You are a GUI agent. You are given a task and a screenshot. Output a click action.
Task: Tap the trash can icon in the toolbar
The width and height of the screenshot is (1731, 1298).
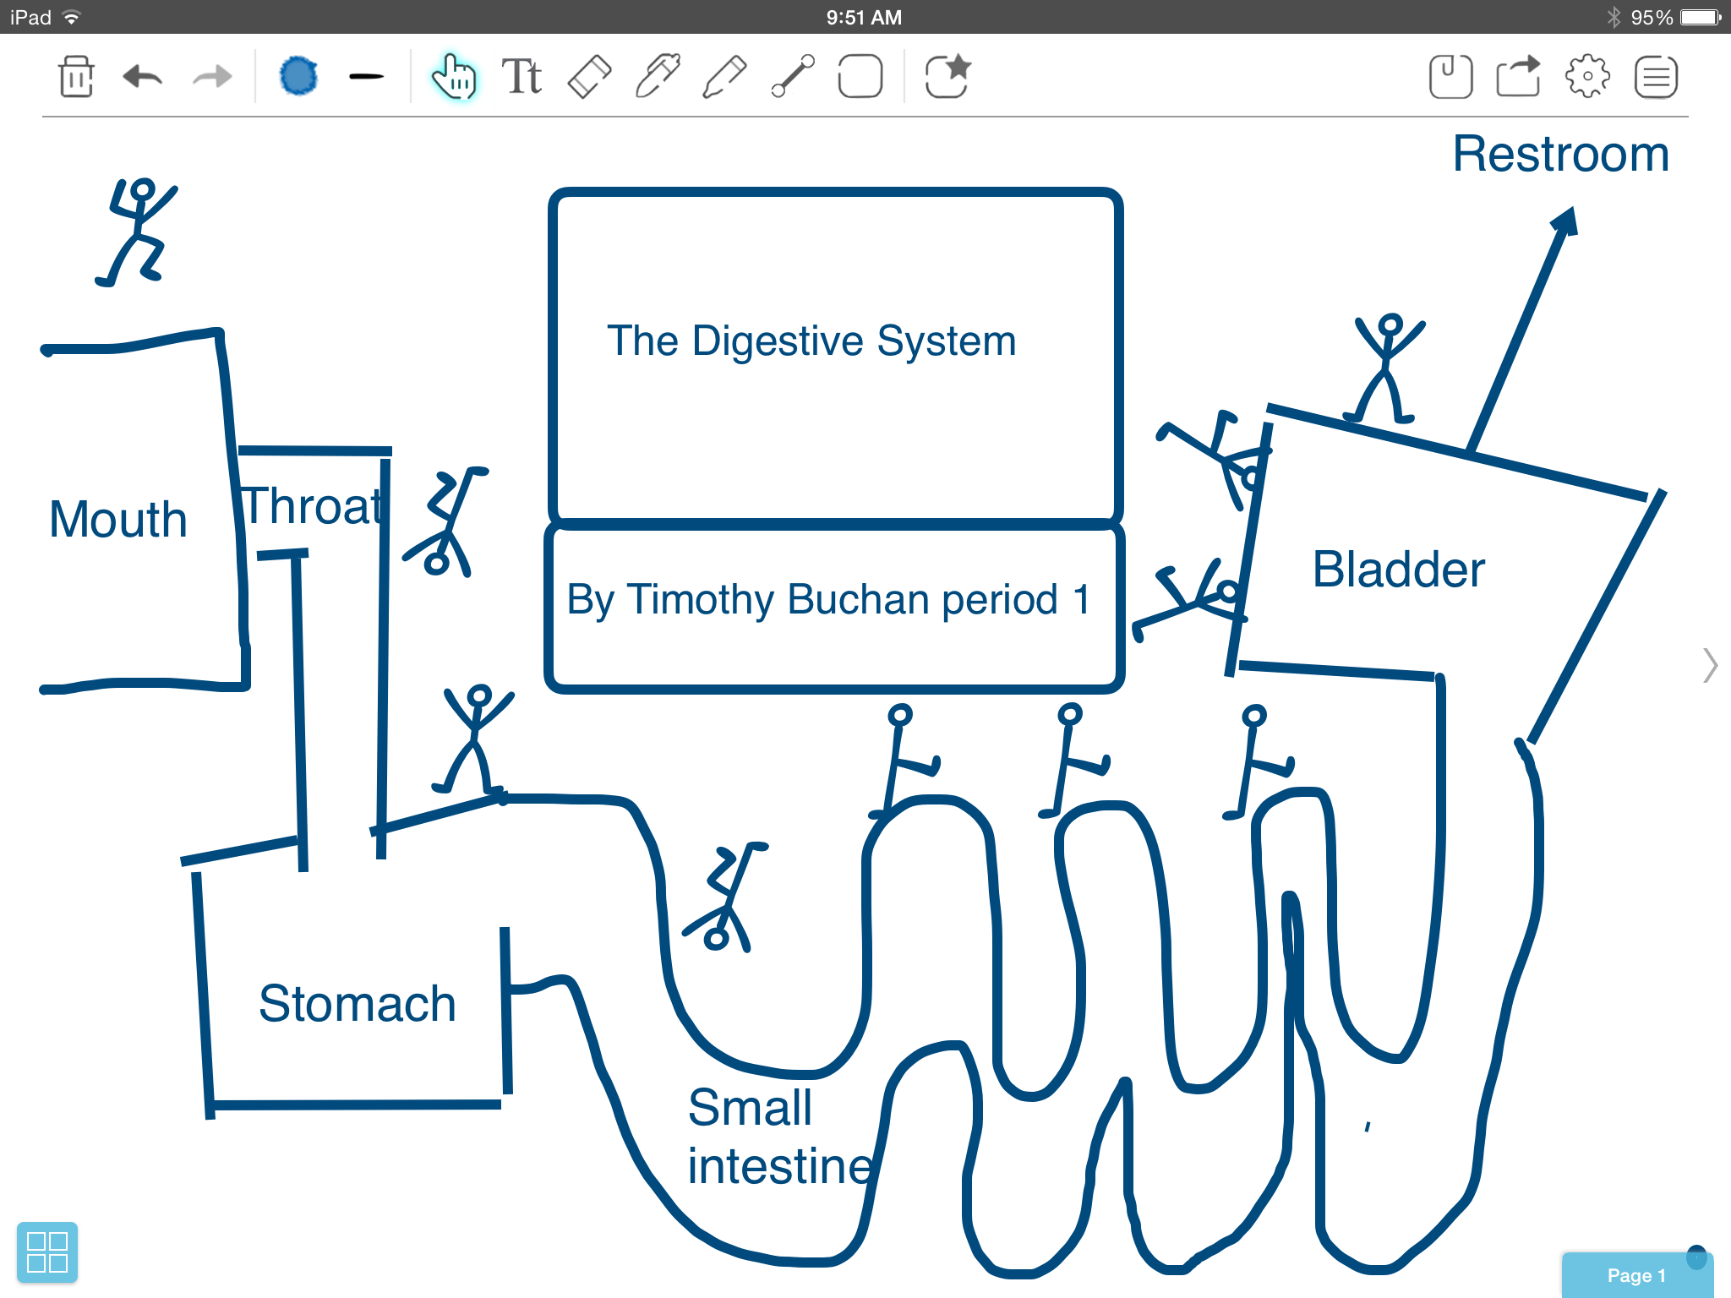[x=76, y=77]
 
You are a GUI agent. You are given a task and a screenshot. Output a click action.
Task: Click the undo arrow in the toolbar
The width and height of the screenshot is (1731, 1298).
[x=142, y=77]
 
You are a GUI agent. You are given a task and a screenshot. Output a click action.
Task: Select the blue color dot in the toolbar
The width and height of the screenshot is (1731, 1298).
[x=298, y=77]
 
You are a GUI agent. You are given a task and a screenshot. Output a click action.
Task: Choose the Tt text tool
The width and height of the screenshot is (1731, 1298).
[x=521, y=77]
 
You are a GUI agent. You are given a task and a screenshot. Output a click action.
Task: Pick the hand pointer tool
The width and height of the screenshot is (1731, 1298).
[x=454, y=77]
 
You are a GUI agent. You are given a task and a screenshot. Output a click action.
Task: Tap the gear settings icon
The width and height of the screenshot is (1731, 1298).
[x=1587, y=77]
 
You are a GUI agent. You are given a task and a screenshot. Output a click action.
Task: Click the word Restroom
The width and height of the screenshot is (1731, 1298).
[x=1560, y=155]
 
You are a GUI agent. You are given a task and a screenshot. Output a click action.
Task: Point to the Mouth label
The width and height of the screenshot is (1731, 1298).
[x=118, y=519]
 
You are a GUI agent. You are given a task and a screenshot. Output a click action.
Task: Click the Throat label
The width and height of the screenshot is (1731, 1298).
[x=312, y=507]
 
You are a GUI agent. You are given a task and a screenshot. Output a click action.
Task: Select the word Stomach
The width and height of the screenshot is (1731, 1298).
[x=357, y=1004]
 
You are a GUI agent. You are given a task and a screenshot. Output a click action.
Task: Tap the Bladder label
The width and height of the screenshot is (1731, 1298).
[x=1398, y=570]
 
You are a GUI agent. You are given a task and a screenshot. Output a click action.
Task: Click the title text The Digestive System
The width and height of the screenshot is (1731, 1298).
[x=811, y=341]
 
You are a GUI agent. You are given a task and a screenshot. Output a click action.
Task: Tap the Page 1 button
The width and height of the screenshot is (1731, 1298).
[x=1636, y=1275]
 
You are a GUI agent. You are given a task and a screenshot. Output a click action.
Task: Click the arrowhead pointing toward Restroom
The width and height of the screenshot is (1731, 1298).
[x=1565, y=221]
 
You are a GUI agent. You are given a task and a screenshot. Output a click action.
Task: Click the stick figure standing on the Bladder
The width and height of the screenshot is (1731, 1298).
[x=1386, y=368]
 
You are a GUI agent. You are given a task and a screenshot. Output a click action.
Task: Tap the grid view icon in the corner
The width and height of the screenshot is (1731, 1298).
[x=47, y=1252]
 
